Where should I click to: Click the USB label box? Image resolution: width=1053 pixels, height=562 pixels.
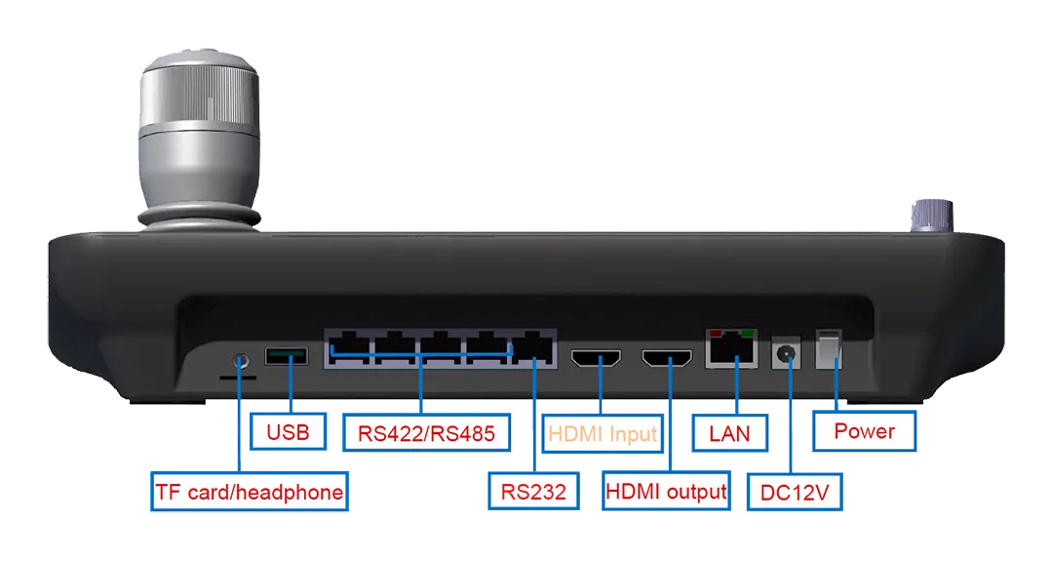(288, 431)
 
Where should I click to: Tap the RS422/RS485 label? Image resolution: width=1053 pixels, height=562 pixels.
(427, 432)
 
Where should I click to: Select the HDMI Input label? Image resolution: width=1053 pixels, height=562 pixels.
(603, 433)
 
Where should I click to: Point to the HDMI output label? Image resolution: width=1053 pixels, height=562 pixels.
(666, 491)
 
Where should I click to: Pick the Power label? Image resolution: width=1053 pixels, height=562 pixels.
(864, 431)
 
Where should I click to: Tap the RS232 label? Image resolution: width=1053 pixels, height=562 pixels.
(533, 491)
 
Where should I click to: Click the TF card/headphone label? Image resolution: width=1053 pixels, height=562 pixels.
(250, 491)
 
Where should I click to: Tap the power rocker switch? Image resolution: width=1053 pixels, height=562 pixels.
(827, 353)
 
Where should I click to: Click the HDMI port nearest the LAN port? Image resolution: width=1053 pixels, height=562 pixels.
(667, 360)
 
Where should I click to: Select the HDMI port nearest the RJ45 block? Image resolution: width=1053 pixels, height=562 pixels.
(597, 360)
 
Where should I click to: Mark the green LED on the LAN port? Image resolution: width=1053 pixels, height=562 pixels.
(748, 334)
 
